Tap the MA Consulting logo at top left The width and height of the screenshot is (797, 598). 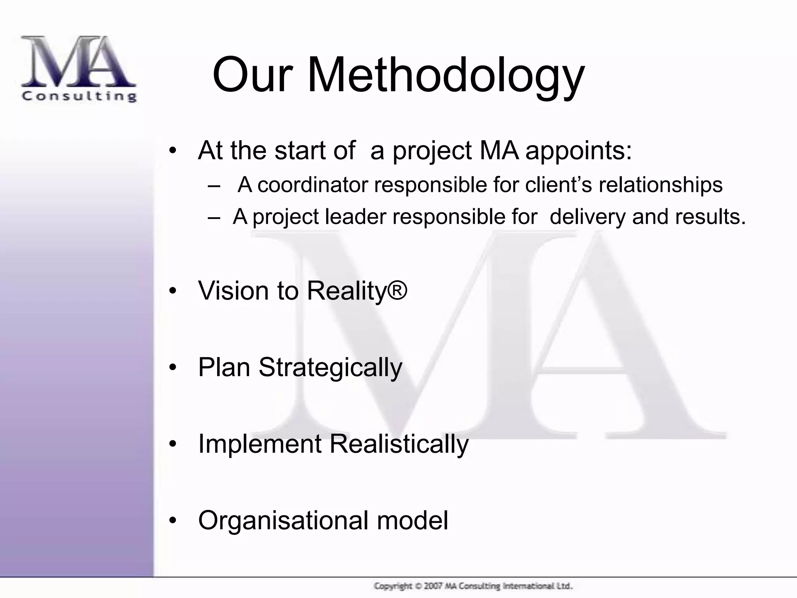[79, 69]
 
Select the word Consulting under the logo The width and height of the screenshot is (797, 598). [79, 96]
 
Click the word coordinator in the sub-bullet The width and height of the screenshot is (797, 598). [312, 185]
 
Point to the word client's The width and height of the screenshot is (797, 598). [558, 185]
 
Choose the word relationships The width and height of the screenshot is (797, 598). [660, 185]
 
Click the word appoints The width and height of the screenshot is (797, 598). [578, 150]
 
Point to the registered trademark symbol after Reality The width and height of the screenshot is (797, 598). [397, 290]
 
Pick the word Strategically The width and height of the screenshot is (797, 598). [330, 368]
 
